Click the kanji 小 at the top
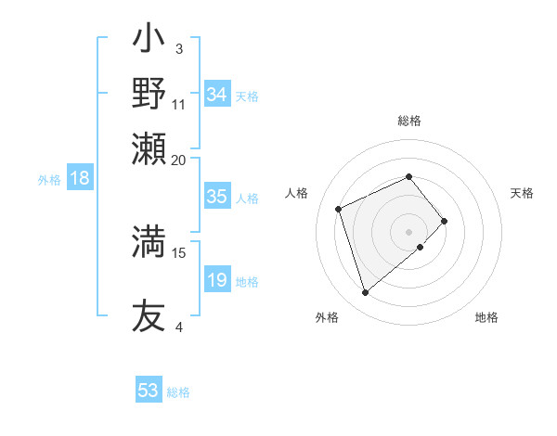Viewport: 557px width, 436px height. point(149,41)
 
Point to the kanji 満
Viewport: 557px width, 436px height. point(149,241)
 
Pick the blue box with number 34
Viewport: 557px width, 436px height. point(216,95)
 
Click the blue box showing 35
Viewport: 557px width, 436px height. point(216,197)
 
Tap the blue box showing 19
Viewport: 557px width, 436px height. point(216,280)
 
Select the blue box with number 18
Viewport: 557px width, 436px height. point(79,179)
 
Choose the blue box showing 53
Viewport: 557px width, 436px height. point(148,391)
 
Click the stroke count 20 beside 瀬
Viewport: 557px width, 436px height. point(178,160)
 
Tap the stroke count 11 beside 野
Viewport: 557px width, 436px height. point(179,104)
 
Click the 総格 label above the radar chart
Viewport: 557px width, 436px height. point(409,121)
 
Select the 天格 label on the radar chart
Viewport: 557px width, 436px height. point(522,193)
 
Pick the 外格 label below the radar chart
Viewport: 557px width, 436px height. point(327,317)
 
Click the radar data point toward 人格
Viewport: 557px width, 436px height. point(340,208)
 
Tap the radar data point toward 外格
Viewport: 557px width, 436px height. point(365,293)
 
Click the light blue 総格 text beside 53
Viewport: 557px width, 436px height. point(178,392)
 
